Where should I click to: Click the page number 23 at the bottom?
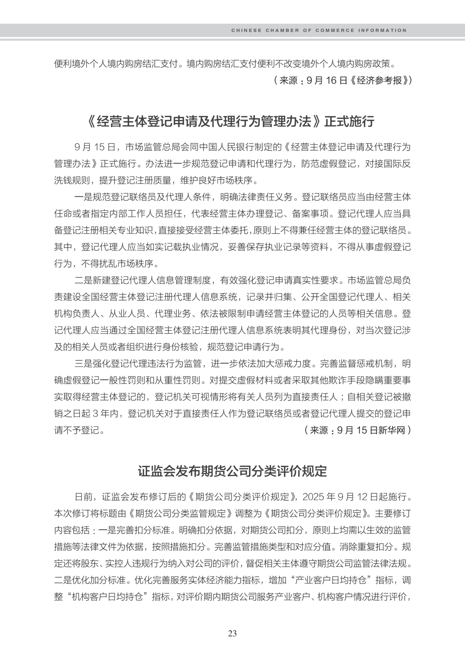[x=232, y=633]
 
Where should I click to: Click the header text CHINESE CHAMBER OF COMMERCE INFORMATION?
[x=319, y=31]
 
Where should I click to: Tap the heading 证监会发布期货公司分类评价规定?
[x=232, y=471]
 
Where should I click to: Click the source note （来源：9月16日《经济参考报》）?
[x=342, y=80]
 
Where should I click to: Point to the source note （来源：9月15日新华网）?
[x=357, y=430]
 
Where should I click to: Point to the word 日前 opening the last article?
[x=84, y=497]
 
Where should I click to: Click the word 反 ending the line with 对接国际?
[x=406, y=163]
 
